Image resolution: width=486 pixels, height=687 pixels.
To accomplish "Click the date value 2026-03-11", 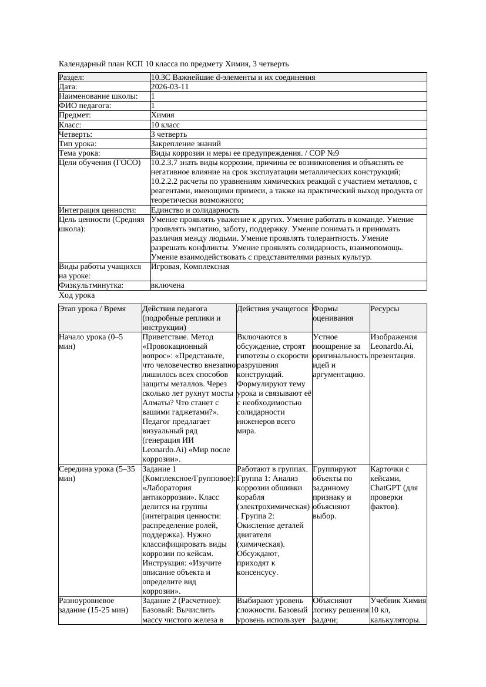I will tap(170, 86).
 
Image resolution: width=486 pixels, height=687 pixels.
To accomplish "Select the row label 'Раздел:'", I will tap(72, 77).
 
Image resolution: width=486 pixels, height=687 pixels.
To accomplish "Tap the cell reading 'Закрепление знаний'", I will tap(186, 143).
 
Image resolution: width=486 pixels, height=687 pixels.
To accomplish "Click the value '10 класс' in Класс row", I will tap(165, 124).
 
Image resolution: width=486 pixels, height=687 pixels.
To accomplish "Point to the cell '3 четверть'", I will tap(169, 134).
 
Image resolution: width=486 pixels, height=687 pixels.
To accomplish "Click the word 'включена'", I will tap(167, 285).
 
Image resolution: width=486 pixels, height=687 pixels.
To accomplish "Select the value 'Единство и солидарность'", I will tap(195, 210).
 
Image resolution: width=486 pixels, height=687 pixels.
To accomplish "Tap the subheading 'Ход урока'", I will tap(76, 295).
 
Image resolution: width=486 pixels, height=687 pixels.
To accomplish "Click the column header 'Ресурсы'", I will tap(385, 309).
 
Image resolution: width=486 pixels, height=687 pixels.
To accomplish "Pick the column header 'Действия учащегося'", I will tap(273, 309).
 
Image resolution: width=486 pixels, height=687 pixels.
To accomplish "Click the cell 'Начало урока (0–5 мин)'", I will tap(91, 342).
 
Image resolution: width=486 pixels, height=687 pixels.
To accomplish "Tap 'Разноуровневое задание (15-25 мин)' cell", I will tap(93, 605).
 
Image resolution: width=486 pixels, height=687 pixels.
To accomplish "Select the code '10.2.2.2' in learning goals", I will tap(165, 181).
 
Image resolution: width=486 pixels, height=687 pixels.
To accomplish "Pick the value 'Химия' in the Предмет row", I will tap(162, 115).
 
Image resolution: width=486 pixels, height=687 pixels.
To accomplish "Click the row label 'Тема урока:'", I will tap(79, 153).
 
